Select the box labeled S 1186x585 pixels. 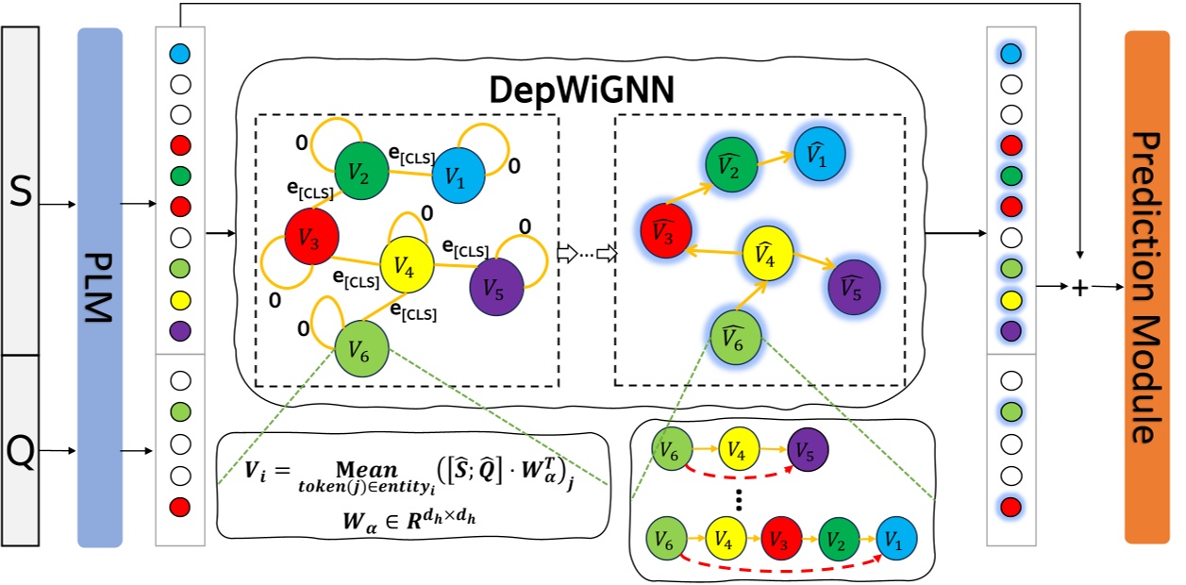coord(20,189)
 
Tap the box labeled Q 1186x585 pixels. coord(20,451)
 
